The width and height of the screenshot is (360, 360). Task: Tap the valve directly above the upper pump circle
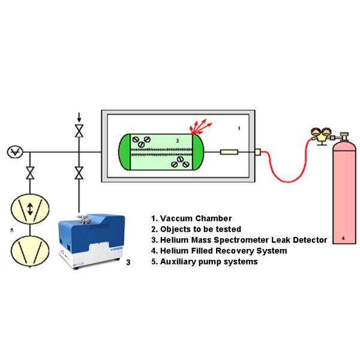click(x=30, y=175)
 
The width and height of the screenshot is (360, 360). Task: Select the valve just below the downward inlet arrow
click(x=78, y=131)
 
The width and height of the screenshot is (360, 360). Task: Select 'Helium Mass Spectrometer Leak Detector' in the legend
click(x=238, y=240)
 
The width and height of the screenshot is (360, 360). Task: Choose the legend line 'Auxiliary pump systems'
click(x=205, y=262)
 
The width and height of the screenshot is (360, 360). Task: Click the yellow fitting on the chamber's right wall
click(x=257, y=152)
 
